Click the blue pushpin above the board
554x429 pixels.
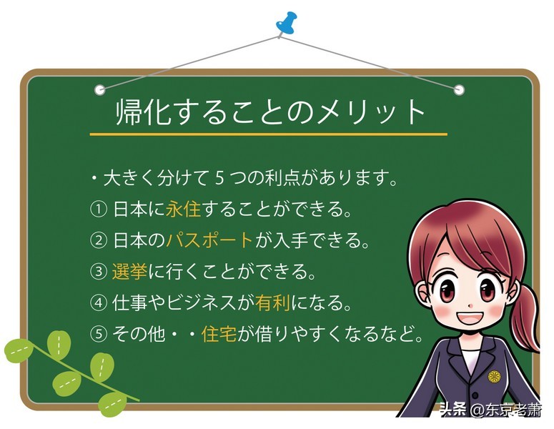(x=287, y=22)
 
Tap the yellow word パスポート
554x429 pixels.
(x=210, y=240)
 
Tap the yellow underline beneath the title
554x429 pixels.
(x=268, y=134)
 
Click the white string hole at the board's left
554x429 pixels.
(x=100, y=90)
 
